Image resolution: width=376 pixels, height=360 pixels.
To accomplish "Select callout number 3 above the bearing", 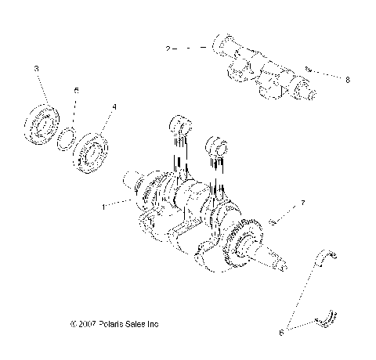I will point(36,70).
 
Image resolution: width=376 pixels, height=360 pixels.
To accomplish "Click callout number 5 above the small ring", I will point(75,90).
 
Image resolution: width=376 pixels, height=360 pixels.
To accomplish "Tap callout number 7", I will point(295,203).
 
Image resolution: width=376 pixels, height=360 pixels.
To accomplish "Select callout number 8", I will point(347,78).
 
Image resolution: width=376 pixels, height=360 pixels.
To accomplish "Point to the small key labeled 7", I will point(270,222).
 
